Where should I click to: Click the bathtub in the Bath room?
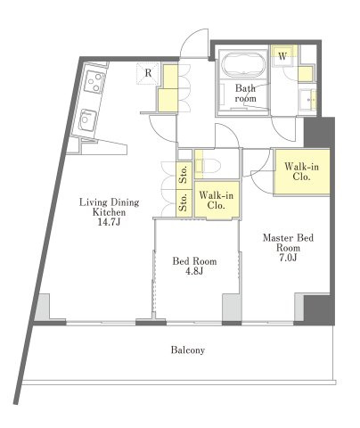coord(244,65)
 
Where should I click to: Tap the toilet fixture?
coord(209,165)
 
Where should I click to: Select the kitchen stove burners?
coord(94,80)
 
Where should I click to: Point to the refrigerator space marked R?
coord(148,73)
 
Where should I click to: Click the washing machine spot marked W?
coord(282,56)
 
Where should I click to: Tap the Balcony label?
coord(188,350)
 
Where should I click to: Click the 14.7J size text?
coord(109,222)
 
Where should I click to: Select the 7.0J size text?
coord(288,258)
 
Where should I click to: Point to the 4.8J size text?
coord(194,271)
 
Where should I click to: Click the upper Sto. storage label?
coord(184,173)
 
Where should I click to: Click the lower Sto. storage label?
coord(184,202)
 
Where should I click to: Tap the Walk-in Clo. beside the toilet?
coord(217,200)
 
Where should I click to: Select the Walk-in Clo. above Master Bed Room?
coord(301,171)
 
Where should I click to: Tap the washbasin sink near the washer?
coord(307,100)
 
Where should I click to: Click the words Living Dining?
coord(109,202)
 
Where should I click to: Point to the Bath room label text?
coord(245,93)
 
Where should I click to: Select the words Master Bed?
coord(288,238)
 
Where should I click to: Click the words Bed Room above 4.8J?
coord(194,261)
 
